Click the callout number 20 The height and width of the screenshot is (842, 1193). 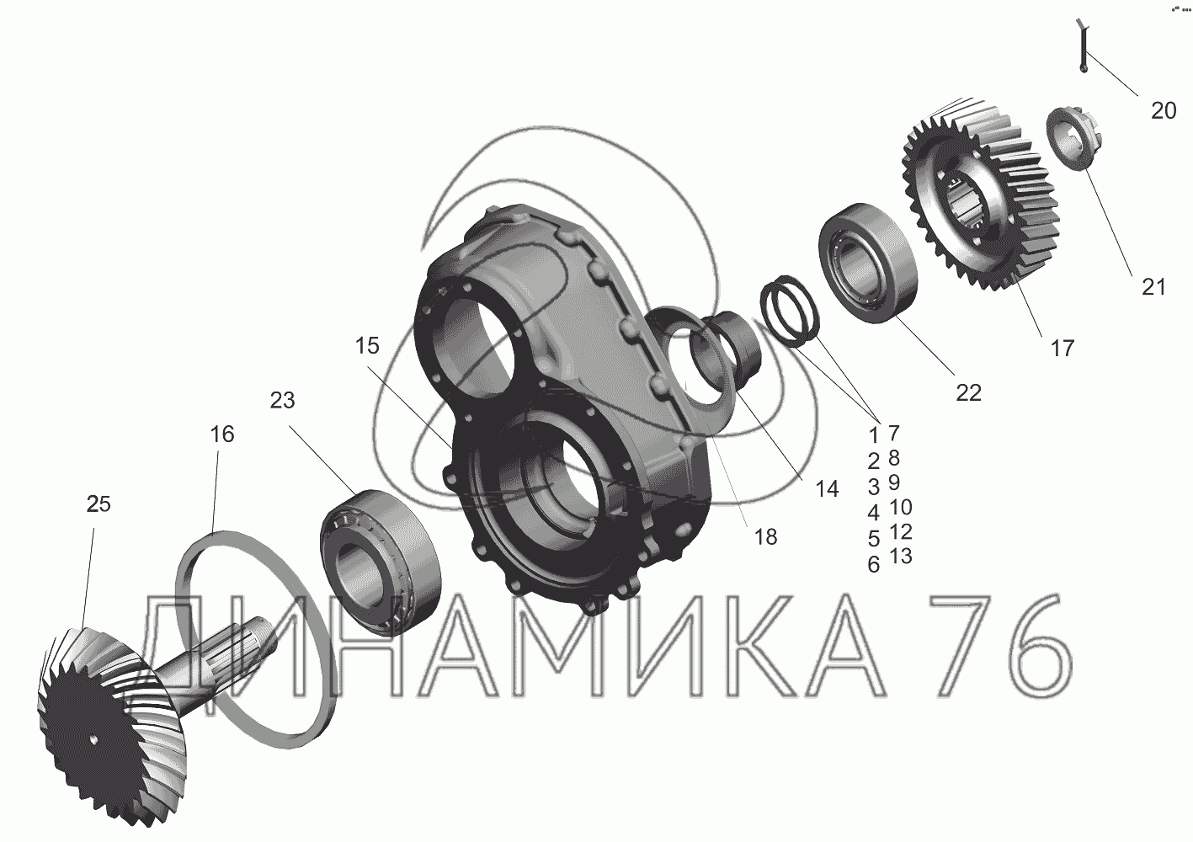click(x=1164, y=111)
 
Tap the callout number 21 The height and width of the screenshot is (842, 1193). click(x=1153, y=288)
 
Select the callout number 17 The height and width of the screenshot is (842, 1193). click(x=1063, y=349)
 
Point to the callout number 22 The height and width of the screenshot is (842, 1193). click(x=969, y=393)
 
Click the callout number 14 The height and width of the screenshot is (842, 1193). click(x=827, y=489)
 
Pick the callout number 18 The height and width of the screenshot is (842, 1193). click(x=765, y=537)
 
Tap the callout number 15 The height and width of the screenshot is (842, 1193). click(x=367, y=346)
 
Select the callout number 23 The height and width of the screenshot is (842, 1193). click(x=282, y=401)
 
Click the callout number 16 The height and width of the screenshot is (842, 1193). click(x=222, y=434)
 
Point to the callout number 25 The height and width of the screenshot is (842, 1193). click(x=99, y=504)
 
